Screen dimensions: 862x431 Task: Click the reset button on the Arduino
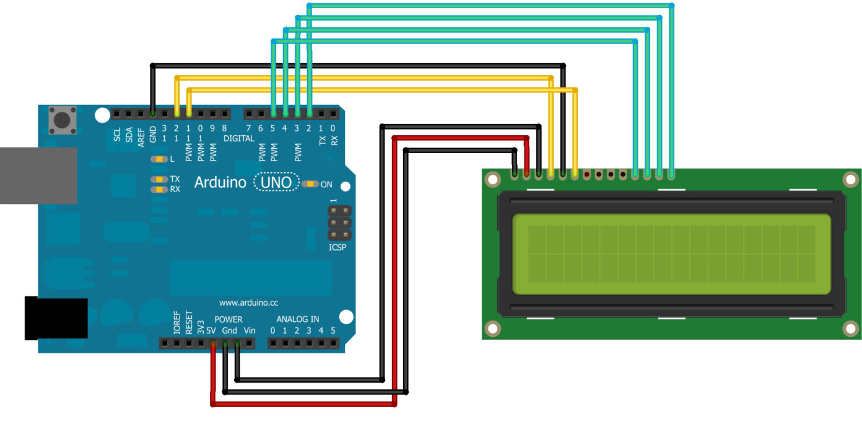63,120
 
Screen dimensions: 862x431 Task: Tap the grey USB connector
38,176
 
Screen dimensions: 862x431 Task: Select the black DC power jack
56,318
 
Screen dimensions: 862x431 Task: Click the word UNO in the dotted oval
276,182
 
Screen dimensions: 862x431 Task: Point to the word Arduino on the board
220,182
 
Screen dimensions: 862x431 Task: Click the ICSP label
337,247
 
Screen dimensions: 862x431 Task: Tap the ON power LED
310,184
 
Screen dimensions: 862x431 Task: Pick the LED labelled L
159,159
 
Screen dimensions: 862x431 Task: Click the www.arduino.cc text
248,303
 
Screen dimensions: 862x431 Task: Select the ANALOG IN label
297,319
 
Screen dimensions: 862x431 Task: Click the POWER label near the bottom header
229,319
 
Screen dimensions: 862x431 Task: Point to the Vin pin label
250,331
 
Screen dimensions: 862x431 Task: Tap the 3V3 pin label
201,327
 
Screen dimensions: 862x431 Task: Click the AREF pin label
141,138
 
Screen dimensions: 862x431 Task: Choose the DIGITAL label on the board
238,138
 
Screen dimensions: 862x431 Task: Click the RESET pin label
188,322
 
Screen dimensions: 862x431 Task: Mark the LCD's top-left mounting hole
492,179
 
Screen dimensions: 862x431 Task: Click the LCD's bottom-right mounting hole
850,329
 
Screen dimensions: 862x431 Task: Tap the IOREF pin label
176,322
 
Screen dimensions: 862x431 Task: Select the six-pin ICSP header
339,223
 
